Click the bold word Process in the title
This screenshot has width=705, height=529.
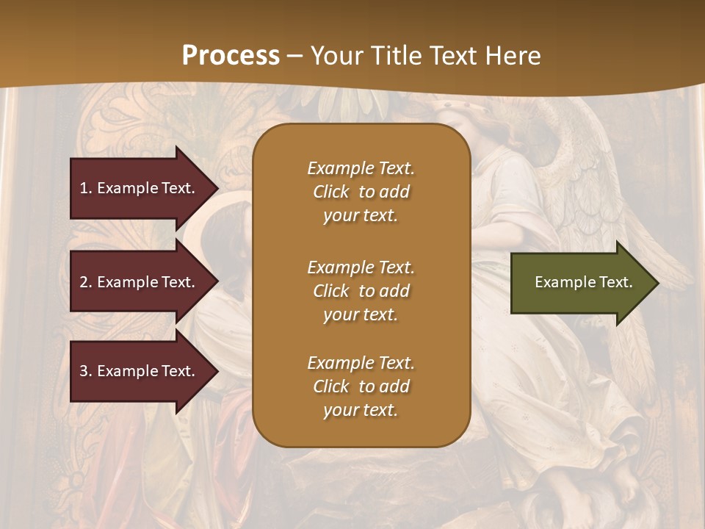point(231,56)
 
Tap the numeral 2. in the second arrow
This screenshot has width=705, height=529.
point(86,282)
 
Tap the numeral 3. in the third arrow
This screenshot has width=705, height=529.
point(86,371)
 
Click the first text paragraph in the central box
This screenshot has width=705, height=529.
point(361,192)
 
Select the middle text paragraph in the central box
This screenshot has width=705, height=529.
point(361,291)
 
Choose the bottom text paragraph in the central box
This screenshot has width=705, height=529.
point(361,386)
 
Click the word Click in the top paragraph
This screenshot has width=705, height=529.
point(331,192)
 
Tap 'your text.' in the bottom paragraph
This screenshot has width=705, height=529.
point(361,411)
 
